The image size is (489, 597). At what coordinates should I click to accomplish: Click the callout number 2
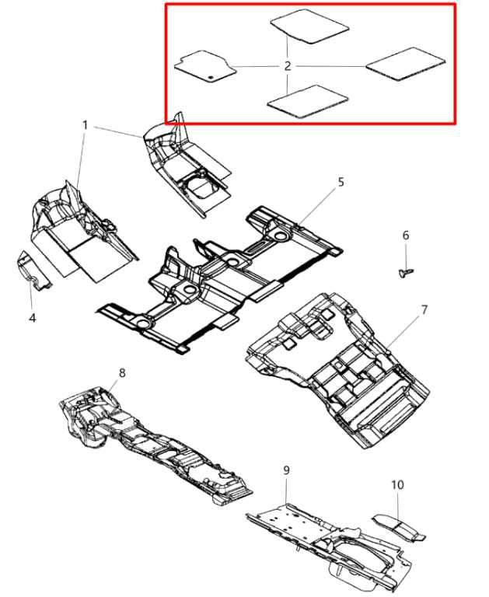(288, 66)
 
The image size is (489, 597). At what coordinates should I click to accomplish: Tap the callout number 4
(33, 317)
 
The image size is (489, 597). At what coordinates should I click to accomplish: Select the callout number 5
(340, 182)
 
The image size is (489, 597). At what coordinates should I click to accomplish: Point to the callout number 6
(405, 236)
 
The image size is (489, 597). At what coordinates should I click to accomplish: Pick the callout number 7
(424, 310)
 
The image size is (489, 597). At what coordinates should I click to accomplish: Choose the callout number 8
(122, 374)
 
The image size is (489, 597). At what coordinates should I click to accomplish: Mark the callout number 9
(286, 470)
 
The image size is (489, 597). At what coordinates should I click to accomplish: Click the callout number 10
(397, 484)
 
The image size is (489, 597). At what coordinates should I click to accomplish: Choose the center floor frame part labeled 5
(218, 280)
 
